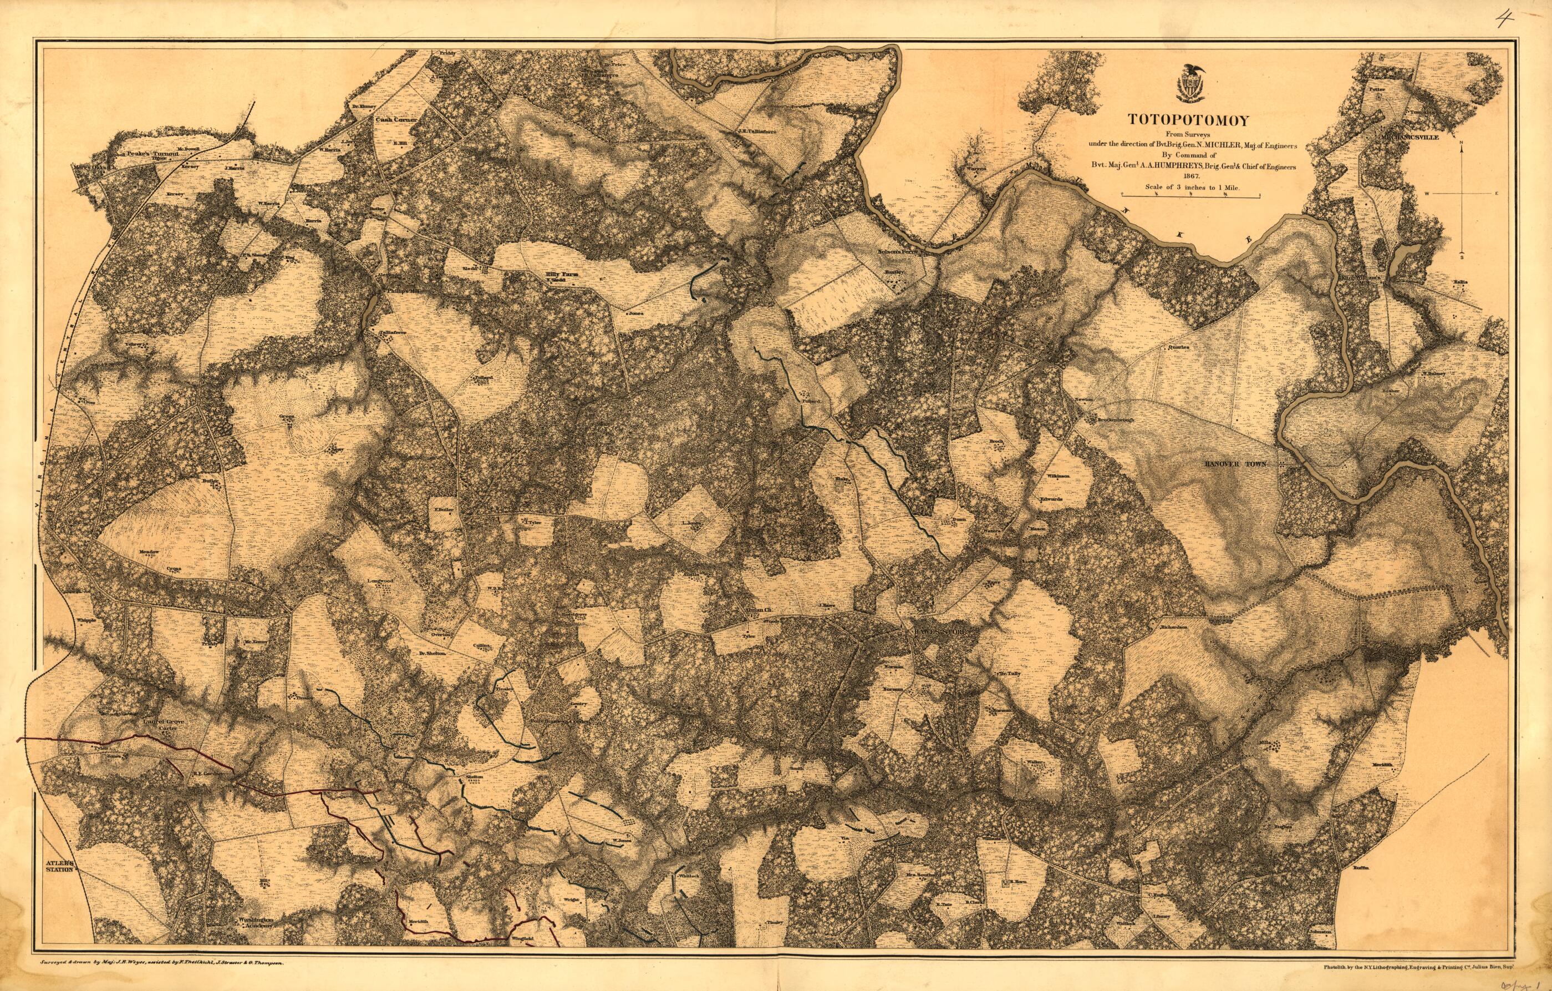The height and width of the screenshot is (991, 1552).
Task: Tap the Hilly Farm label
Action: click(x=558, y=274)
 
